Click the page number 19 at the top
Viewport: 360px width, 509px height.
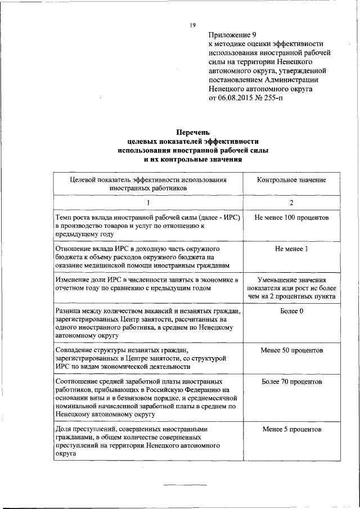tap(192, 25)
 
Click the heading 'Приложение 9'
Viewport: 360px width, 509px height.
tap(232, 34)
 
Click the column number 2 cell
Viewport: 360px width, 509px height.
tap(291, 202)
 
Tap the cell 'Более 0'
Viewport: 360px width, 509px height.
tap(291, 310)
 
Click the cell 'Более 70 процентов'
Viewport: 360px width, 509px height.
tap(291, 381)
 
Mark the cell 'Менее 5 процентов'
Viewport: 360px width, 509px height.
tap(291, 429)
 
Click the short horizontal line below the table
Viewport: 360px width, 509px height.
tap(185, 484)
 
